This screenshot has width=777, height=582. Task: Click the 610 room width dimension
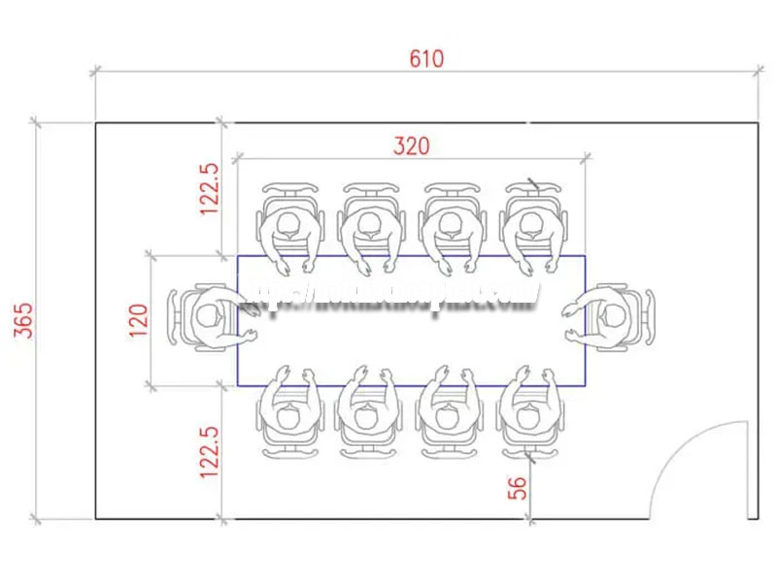pos(425,58)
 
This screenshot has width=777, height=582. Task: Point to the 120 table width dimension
pos(139,320)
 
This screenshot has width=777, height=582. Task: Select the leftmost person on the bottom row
pos(288,413)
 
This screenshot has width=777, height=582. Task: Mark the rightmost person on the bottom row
pos(529,413)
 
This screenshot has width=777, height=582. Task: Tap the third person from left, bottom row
pos(448,413)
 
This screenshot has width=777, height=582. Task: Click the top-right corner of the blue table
pos(586,256)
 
